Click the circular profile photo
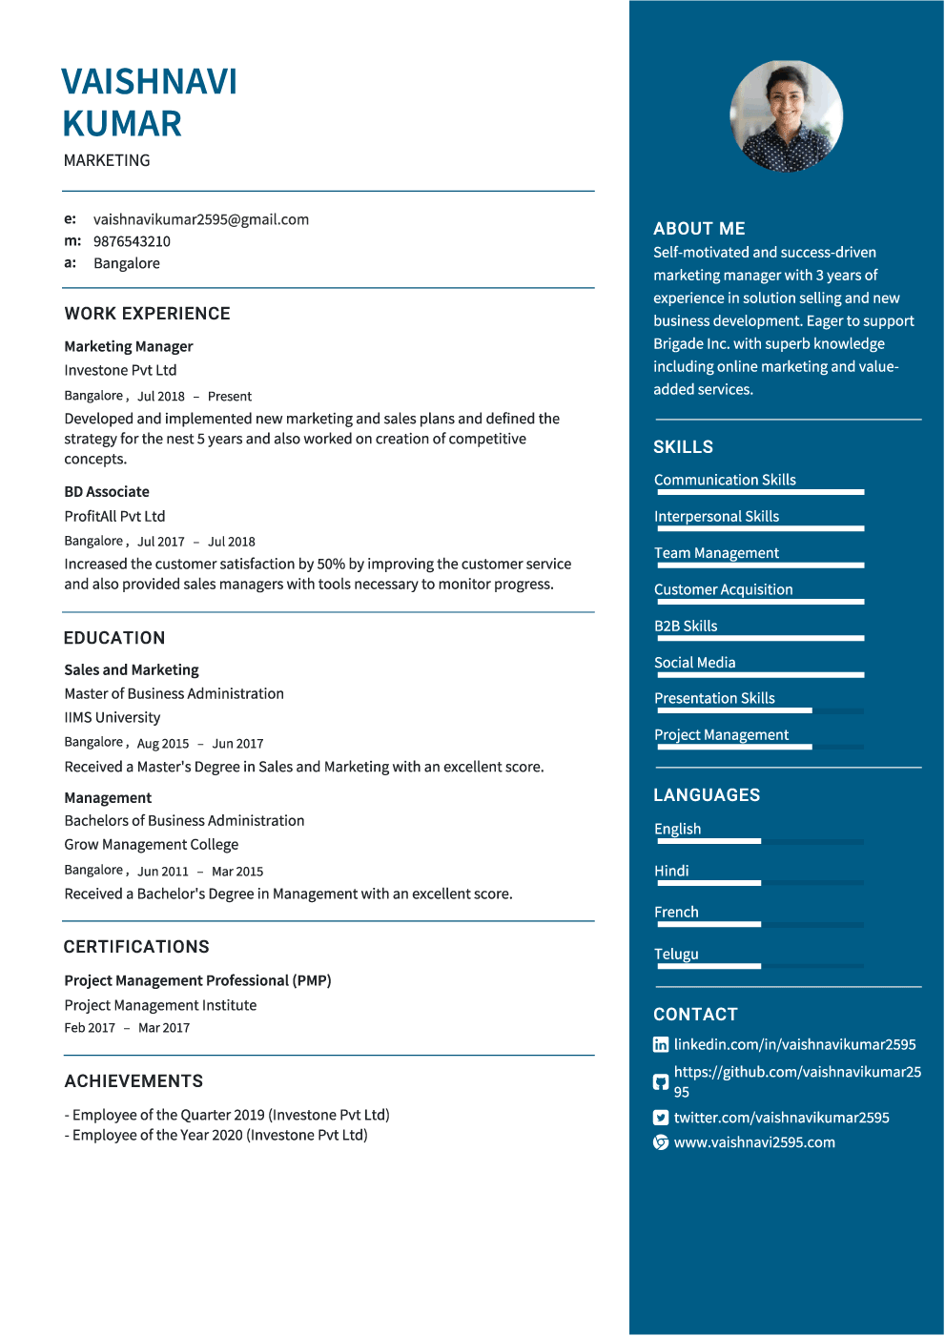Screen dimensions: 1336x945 pyautogui.click(x=786, y=115)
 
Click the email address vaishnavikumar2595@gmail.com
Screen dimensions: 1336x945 pyautogui.click(x=200, y=219)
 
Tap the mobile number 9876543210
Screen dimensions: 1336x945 pyautogui.click(x=132, y=241)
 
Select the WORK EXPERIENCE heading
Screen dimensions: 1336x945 pyautogui.click(x=147, y=314)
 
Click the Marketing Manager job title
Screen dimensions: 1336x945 pyautogui.click(x=129, y=346)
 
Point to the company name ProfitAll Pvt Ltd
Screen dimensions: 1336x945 pyautogui.click(x=114, y=516)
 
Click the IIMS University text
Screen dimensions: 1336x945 pyautogui.click(x=113, y=717)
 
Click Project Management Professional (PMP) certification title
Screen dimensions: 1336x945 pyautogui.click(x=197, y=980)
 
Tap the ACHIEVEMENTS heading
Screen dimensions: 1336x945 pyautogui.click(x=134, y=1081)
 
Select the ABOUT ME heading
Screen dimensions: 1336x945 pyautogui.click(x=699, y=229)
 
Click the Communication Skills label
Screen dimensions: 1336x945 pyautogui.click(x=725, y=480)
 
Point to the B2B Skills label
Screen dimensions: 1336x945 pyautogui.click(x=686, y=626)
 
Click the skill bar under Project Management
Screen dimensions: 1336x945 pyautogui.click(x=760, y=748)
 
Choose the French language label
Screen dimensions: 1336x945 pyautogui.click(x=676, y=912)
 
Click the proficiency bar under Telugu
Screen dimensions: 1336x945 pyautogui.click(x=760, y=966)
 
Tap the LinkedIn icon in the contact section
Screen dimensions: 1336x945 pyautogui.click(x=661, y=1044)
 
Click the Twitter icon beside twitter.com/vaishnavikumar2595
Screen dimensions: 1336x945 pyautogui.click(x=661, y=1118)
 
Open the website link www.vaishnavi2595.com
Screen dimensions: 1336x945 pyautogui.click(x=754, y=1142)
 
